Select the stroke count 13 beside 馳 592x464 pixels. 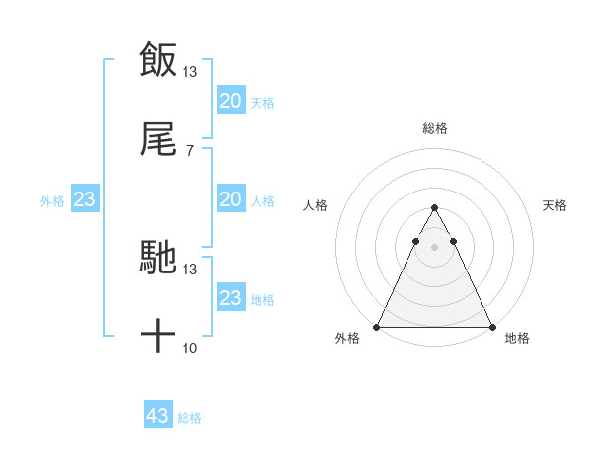click(190, 269)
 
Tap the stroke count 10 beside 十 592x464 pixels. click(190, 348)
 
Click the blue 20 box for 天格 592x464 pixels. click(230, 100)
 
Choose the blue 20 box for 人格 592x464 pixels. click(230, 199)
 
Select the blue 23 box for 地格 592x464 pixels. click(230, 298)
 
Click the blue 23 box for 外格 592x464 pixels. click(85, 199)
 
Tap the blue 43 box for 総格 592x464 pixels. click(158, 416)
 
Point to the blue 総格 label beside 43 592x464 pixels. click(189, 418)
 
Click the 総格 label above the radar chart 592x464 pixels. click(435, 128)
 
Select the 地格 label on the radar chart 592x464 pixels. click(517, 339)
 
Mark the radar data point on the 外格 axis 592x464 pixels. click(377, 327)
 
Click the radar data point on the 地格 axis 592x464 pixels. click(492, 327)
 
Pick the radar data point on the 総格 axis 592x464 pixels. click(434, 208)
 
